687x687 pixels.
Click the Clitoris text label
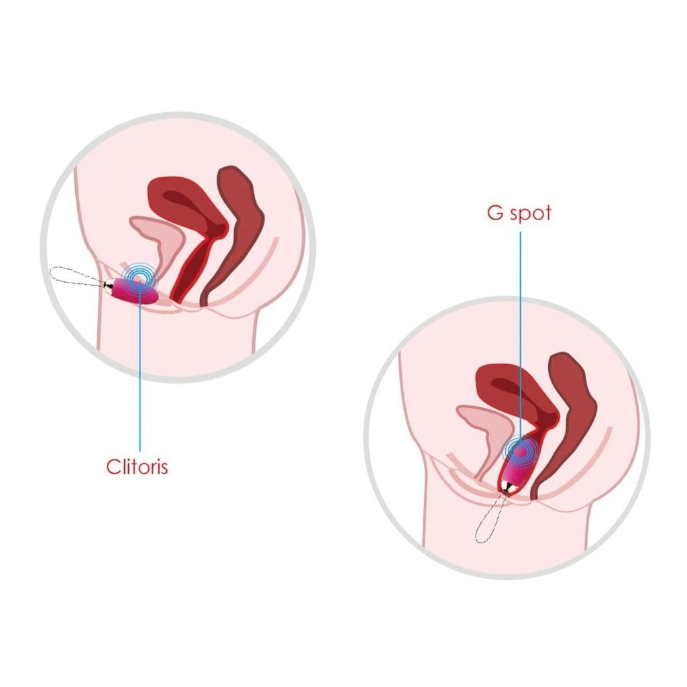[137, 467]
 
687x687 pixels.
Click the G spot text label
[519, 213]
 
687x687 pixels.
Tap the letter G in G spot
[495, 213]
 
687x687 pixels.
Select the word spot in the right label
[531, 214]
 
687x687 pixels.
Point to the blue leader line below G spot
[521, 341]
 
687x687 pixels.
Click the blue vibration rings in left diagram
[138, 276]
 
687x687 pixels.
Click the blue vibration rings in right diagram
[520, 452]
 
